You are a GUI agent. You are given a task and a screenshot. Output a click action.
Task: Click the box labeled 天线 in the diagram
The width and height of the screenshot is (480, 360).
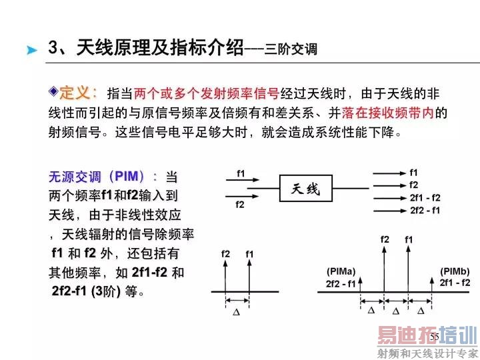(x=306, y=189)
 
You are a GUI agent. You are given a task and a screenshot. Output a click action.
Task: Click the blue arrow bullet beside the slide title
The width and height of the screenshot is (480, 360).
(x=31, y=50)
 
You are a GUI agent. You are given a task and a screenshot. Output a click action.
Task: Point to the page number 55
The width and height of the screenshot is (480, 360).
(x=434, y=337)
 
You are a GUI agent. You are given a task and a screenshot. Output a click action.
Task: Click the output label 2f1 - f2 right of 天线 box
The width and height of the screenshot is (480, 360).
(x=425, y=197)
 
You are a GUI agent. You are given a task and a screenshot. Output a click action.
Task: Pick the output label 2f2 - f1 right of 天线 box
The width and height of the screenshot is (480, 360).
(x=425, y=210)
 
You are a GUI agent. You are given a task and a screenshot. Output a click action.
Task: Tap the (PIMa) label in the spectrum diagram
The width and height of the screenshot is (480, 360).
(x=341, y=271)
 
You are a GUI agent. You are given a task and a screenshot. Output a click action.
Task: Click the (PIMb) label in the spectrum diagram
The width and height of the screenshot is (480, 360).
(x=455, y=271)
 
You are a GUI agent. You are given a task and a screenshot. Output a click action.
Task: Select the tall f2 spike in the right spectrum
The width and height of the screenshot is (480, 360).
(x=384, y=267)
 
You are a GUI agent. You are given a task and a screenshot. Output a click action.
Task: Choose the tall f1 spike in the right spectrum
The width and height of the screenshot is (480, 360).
(x=409, y=267)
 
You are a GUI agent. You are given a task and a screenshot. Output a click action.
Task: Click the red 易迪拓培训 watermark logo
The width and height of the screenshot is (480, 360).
(x=427, y=335)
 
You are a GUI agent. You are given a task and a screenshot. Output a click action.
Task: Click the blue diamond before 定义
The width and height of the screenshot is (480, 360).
(x=54, y=91)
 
